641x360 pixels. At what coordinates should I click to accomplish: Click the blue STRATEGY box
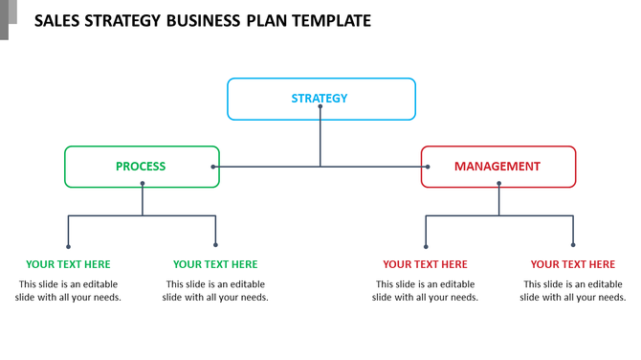click(x=320, y=98)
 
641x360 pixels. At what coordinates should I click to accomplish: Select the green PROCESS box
click(x=141, y=166)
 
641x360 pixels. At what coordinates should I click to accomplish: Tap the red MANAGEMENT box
click(x=497, y=166)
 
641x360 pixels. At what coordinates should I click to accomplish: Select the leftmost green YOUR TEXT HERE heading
click(x=68, y=264)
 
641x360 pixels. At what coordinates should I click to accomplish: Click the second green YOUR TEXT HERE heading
click(x=215, y=264)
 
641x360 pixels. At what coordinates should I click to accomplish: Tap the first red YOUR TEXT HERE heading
click(x=425, y=264)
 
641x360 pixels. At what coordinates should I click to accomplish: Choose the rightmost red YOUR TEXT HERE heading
click(x=572, y=264)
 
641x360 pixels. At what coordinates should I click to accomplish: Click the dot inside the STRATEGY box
click(x=320, y=107)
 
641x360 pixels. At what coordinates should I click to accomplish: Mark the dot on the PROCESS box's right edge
click(x=213, y=167)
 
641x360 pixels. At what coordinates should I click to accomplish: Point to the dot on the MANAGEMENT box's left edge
click(x=428, y=167)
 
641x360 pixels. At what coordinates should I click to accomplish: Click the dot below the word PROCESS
click(x=143, y=183)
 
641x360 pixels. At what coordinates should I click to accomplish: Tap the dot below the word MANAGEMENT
click(x=498, y=183)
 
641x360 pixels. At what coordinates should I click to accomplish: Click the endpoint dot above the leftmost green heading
click(x=68, y=246)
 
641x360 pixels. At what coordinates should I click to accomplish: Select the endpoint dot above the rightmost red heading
click(x=573, y=246)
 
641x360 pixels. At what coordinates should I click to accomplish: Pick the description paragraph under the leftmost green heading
click(x=68, y=290)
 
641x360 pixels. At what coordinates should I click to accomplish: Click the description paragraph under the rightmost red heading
click(x=572, y=290)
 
